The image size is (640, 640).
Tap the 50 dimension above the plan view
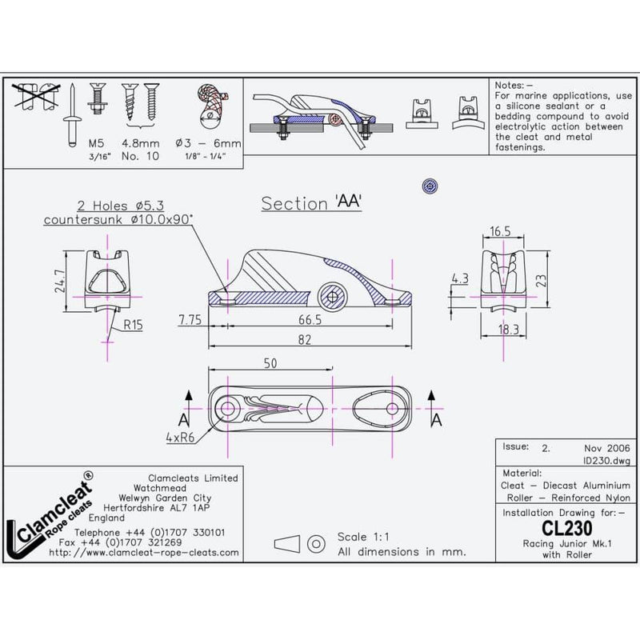click(270, 363)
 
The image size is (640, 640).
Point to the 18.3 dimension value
click(502, 329)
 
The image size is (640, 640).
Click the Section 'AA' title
click(313, 203)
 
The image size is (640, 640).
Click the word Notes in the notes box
click(510, 84)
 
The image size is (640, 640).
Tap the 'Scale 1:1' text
click(367, 537)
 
